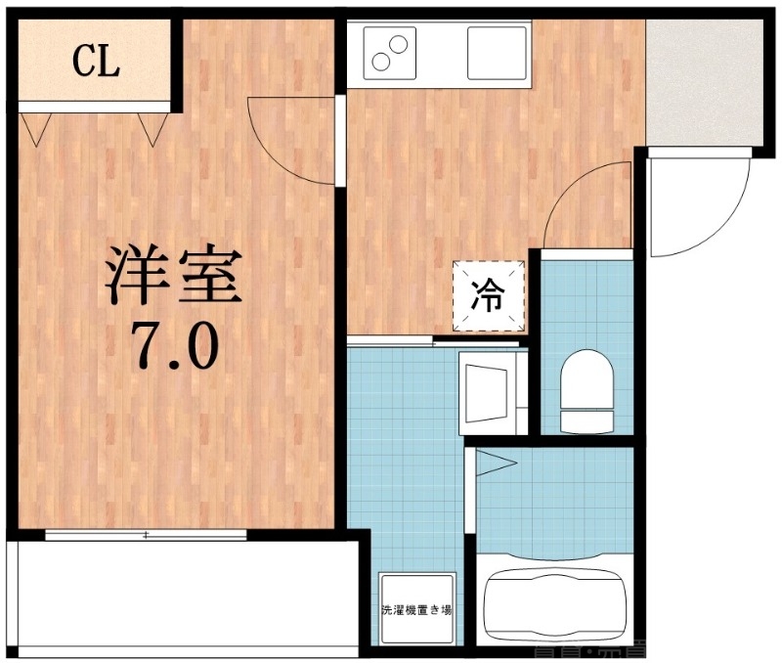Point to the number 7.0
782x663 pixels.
click(172, 344)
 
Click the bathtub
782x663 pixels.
click(555, 601)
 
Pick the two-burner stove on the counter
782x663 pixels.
click(388, 53)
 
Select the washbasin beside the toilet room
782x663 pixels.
click(493, 392)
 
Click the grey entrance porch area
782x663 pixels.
click(704, 82)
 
